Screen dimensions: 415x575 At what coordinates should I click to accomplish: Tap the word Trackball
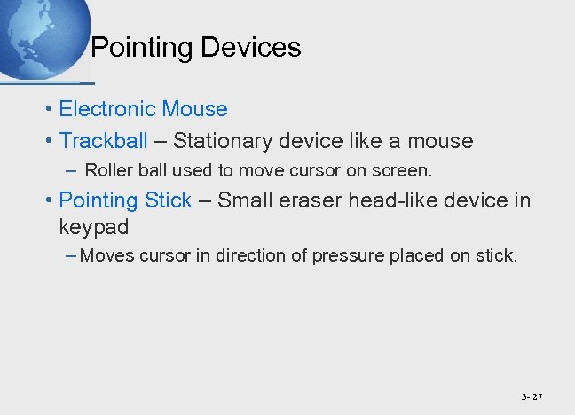click(104, 141)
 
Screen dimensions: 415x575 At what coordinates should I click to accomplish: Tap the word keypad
click(93, 227)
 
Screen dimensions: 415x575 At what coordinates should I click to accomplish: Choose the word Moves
click(105, 257)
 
